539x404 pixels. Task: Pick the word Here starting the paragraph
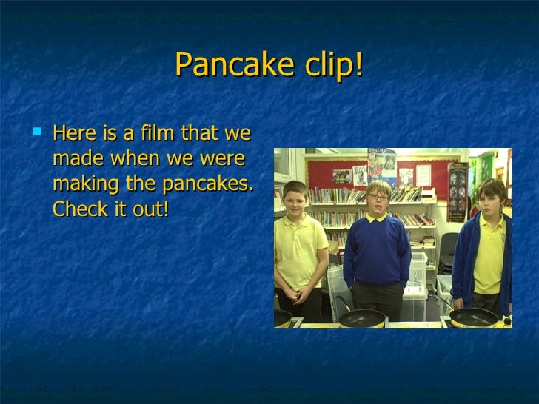point(74,135)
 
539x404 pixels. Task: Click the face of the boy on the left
point(295,198)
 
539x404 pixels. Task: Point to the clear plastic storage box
point(419,274)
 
